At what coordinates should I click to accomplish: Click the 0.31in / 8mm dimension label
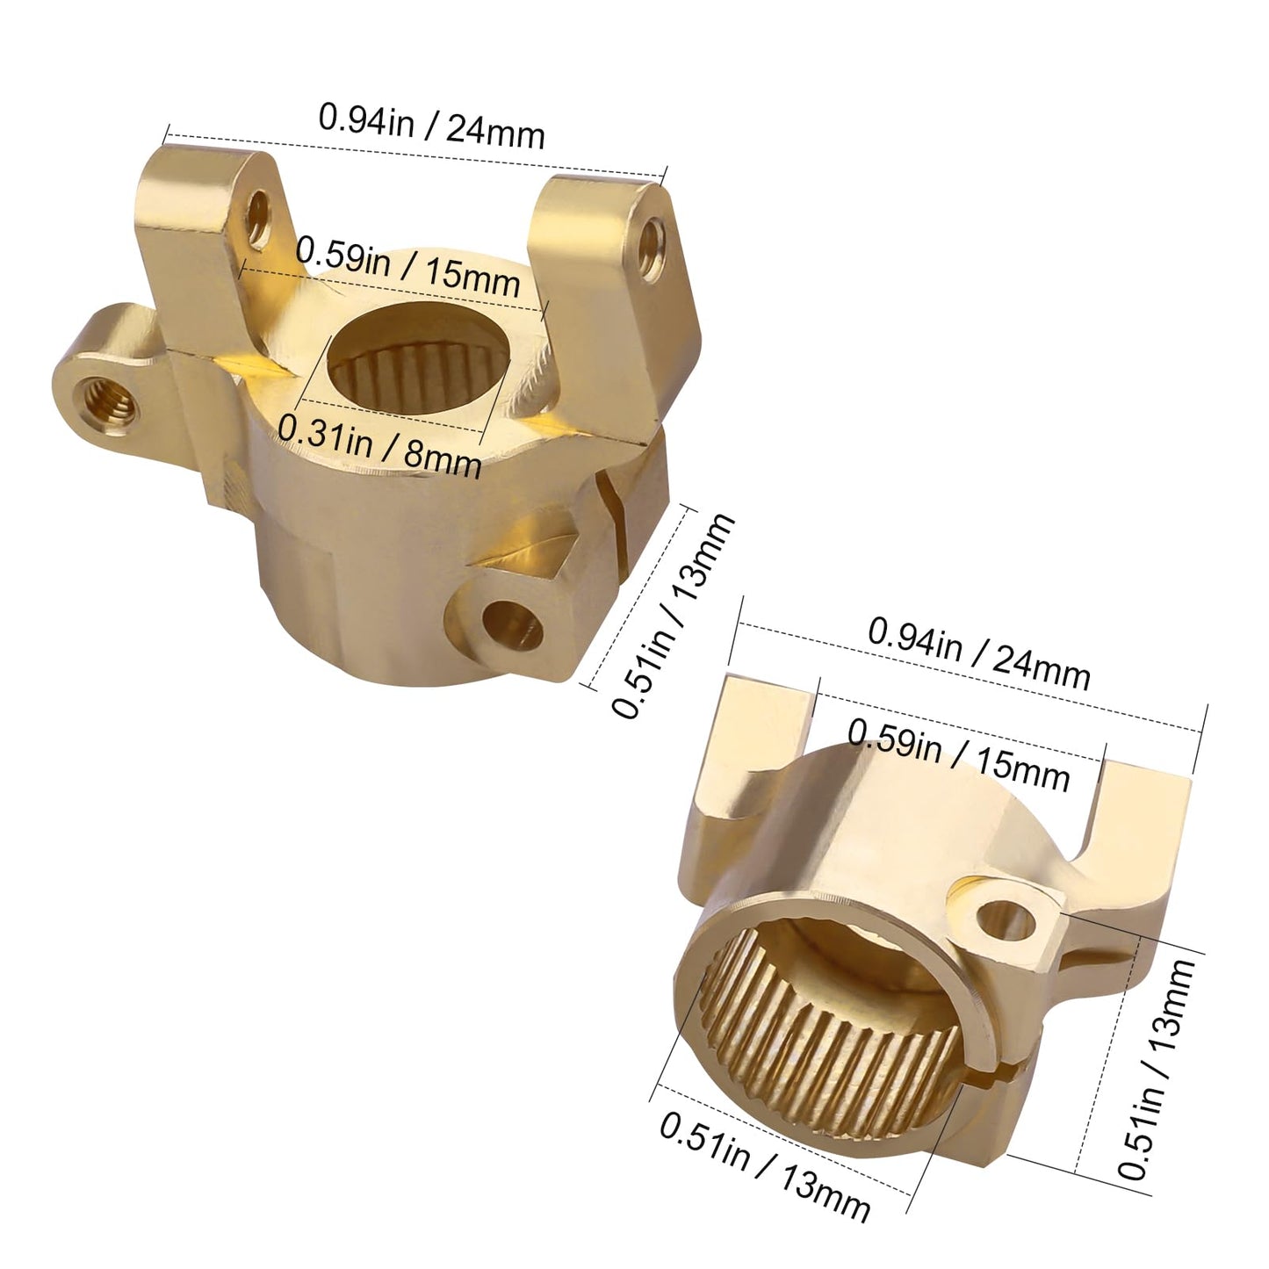[379, 445]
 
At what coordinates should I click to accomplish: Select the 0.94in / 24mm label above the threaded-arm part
[431, 125]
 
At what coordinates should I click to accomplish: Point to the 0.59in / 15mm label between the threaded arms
[407, 268]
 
